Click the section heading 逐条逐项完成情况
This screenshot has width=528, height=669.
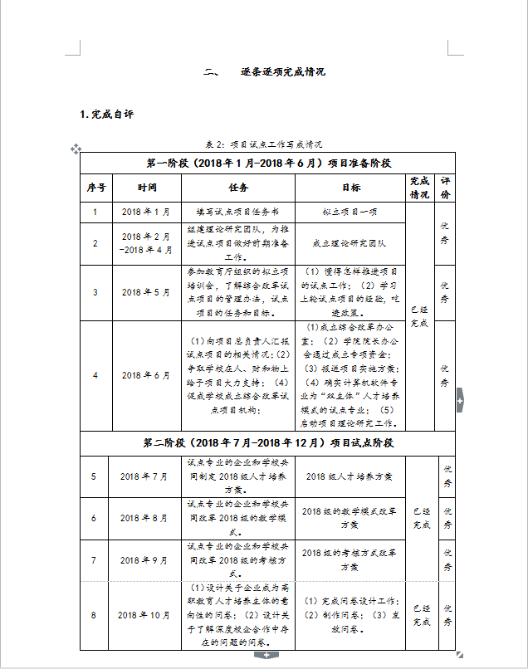pos(283,72)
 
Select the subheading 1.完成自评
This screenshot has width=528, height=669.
pos(106,114)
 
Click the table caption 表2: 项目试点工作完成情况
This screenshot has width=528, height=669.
pos(263,143)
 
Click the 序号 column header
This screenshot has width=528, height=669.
pos(96,188)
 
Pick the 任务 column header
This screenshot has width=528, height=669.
pos(238,188)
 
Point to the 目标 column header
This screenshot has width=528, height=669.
pos(350,188)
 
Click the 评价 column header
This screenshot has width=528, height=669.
pos(445,188)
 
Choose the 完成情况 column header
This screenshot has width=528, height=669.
pos(419,188)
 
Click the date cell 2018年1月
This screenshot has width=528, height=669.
pos(146,212)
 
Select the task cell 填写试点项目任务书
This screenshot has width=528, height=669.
pos(238,212)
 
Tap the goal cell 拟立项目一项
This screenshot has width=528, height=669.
pos(350,212)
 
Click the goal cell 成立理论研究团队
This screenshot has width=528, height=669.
pos(350,243)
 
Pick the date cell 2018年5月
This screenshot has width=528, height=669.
pos(146,292)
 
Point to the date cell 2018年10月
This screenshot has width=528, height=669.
pos(144,615)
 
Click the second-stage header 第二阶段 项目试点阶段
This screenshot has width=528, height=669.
pos(267,443)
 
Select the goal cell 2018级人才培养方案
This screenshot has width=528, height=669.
pos(350,476)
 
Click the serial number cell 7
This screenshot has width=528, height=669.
pos(94,560)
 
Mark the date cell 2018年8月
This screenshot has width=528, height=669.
pos(144,518)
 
